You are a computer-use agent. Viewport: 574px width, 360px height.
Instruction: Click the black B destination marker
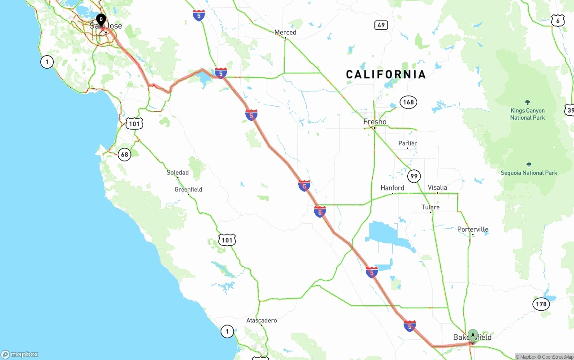coord(101,20)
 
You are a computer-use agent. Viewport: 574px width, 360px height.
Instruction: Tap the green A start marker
coord(473,335)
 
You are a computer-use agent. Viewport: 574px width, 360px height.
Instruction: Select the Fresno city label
coord(375,122)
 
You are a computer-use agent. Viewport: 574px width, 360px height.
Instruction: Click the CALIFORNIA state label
coord(386,74)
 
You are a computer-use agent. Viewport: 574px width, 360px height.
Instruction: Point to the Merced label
coord(285,32)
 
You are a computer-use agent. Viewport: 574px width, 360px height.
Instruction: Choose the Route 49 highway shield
coord(381,25)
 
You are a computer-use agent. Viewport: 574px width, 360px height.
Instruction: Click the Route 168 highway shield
coord(408,102)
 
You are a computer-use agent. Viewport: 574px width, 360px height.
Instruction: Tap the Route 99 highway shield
coord(414,176)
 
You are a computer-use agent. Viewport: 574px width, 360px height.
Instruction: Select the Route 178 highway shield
coord(541,304)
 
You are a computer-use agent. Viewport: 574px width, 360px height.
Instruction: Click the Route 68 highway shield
coord(124,155)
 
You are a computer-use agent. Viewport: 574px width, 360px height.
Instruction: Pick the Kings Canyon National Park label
coord(527,114)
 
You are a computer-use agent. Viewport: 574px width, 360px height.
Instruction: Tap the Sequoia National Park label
coord(529,173)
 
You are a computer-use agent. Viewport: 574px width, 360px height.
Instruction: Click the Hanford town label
coord(392,188)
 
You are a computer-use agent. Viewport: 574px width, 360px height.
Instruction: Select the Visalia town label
coord(437,187)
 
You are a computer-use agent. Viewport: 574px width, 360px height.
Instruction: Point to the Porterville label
coord(473,230)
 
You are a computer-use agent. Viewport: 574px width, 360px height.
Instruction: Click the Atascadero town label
coord(261,321)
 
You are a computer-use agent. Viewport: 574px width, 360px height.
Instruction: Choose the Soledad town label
coord(178,173)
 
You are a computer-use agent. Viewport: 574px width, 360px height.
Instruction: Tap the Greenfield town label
coord(188,190)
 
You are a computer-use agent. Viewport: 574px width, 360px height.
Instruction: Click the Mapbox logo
coord(20,355)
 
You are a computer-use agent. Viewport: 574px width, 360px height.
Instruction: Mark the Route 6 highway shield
coord(557,20)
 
